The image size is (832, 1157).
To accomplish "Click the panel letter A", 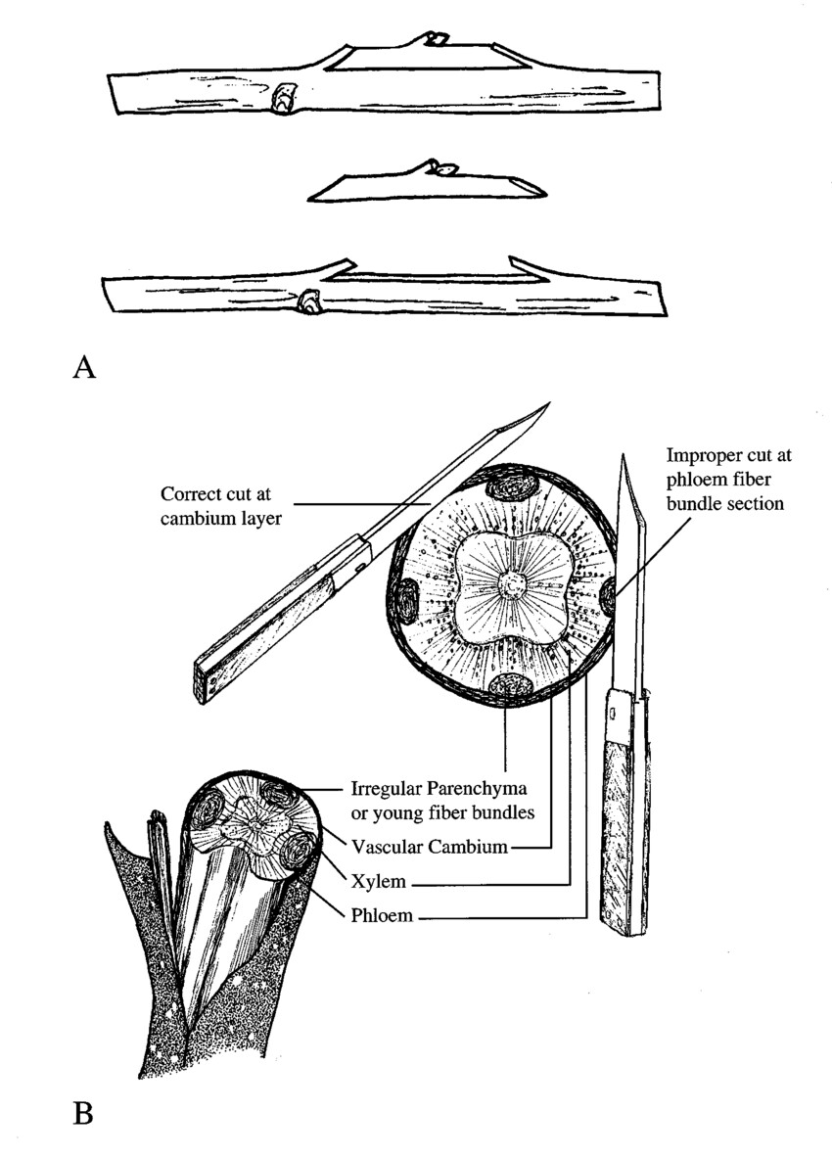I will (84, 368).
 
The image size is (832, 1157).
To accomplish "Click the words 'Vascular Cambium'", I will (430, 847).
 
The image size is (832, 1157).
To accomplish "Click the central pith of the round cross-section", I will (510, 586).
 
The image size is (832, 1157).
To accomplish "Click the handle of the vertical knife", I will (625, 822).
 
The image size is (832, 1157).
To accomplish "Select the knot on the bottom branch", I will (310, 302).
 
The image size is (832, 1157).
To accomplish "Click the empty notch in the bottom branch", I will (431, 271).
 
